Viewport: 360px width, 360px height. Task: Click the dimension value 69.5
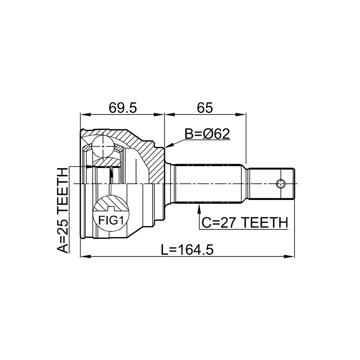pyautogui.click(x=123, y=108)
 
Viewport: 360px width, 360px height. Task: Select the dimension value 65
pyautogui.click(x=205, y=108)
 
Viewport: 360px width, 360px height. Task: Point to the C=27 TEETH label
pyautogui.click(x=245, y=222)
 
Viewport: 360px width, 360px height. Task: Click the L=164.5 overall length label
pyautogui.click(x=187, y=250)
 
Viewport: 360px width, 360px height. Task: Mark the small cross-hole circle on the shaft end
pyautogui.click(x=281, y=184)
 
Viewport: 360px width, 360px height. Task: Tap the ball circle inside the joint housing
pyautogui.click(x=103, y=146)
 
